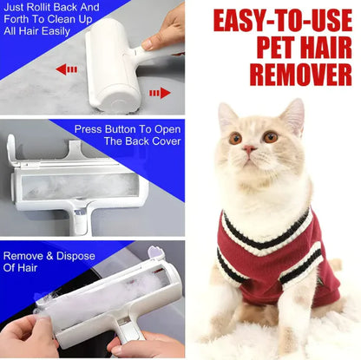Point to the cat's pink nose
pyautogui.click(x=250, y=149)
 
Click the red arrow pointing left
pyautogui.click(x=66, y=69)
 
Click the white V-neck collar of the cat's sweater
pyautogui.click(x=260, y=221)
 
